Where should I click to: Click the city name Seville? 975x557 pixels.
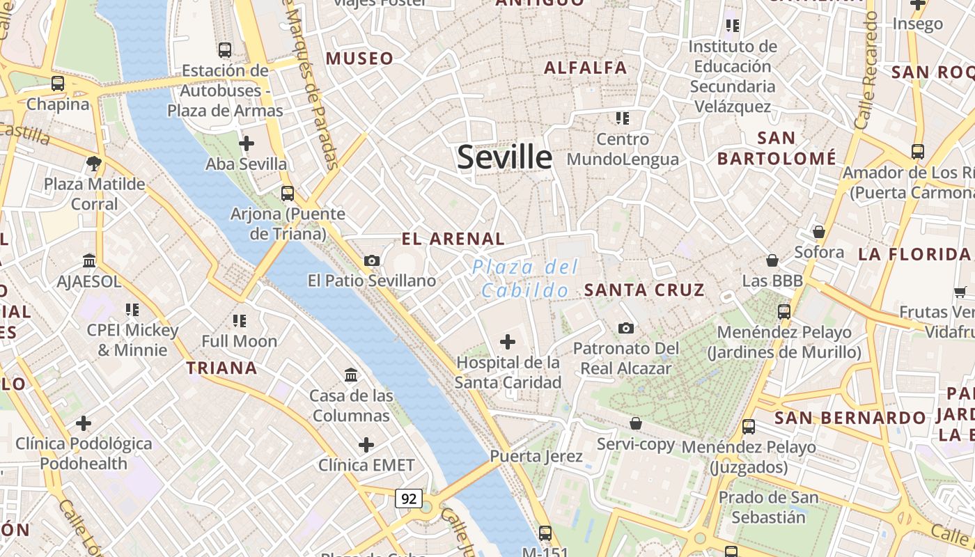pos(504,158)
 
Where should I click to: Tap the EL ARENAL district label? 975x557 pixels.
pos(453,239)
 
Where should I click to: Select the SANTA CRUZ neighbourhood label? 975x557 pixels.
pos(644,290)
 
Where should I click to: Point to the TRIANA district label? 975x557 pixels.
pos(221,368)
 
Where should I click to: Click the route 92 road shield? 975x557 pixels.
pos(409,499)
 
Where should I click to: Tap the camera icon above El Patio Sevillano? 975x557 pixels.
pos(372,260)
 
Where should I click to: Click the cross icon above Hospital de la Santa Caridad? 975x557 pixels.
pos(508,342)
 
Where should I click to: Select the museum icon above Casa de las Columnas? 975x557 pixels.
pos(351,375)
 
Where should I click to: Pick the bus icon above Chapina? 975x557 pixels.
pos(58,84)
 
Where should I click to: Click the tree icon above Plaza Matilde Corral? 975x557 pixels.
pos(94,164)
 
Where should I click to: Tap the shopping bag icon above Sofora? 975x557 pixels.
pos(819,231)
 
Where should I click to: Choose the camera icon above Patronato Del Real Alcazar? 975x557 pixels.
pos(625,328)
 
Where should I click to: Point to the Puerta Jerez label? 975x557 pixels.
pos(536,457)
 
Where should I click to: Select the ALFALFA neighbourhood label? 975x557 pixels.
pos(585,68)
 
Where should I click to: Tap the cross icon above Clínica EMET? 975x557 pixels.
pos(366,444)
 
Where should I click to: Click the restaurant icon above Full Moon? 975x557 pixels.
pos(240,321)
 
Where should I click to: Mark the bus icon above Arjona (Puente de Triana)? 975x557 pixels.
pos(287,193)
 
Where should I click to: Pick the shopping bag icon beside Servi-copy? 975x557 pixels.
pos(635,423)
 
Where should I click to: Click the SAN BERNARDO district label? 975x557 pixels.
pos(850,418)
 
